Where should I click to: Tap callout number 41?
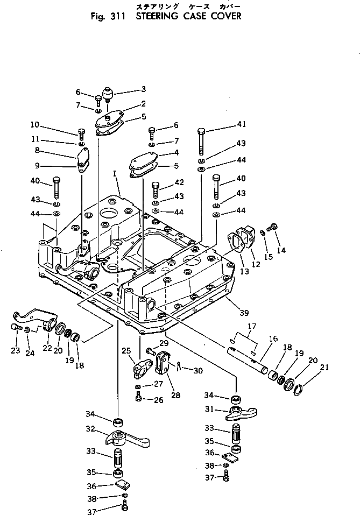pyautogui.click(x=242, y=124)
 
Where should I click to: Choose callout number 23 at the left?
pyautogui.click(x=15, y=351)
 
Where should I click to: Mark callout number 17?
pyautogui.click(x=251, y=326)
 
